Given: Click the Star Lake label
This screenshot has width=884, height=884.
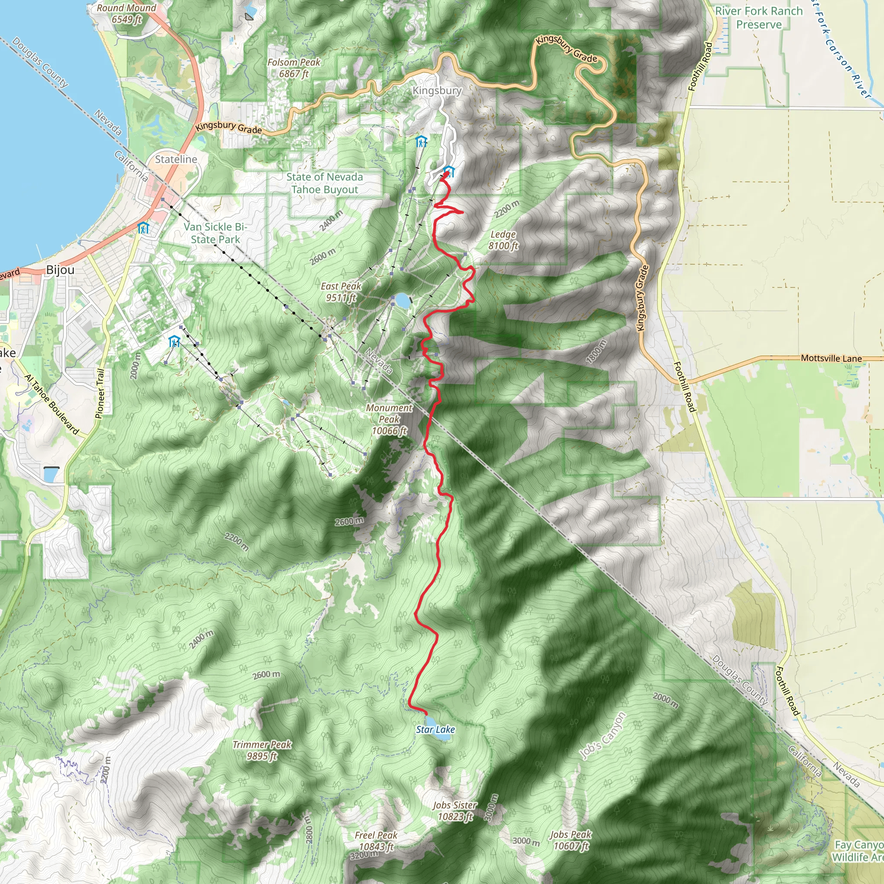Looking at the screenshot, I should pyautogui.click(x=435, y=729).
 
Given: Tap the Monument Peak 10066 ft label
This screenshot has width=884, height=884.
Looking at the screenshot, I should pyautogui.click(x=389, y=419).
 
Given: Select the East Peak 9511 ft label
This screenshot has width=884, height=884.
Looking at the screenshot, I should pyautogui.click(x=341, y=292).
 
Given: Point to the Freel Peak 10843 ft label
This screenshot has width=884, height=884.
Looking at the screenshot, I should pyautogui.click(x=376, y=841).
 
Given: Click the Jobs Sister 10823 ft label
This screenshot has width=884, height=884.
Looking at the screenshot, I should pyautogui.click(x=455, y=811).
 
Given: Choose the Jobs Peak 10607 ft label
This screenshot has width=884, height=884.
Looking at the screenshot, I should pyautogui.click(x=571, y=840).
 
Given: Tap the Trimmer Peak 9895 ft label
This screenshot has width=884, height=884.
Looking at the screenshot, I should pyautogui.click(x=262, y=750).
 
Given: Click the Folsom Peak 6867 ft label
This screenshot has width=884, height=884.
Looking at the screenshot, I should pyautogui.click(x=294, y=68).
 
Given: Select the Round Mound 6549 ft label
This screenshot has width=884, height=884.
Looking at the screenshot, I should pyautogui.click(x=126, y=13).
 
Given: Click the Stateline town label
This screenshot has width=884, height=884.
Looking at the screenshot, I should pyautogui.click(x=176, y=159).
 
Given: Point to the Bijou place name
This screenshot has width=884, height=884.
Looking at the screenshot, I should pyautogui.click(x=60, y=270).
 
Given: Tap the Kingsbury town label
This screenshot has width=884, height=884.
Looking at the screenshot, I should pyautogui.click(x=437, y=91).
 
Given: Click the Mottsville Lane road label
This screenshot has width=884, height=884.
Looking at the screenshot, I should pyautogui.click(x=831, y=358).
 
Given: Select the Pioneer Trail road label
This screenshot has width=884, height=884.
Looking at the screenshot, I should pyautogui.click(x=100, y=394).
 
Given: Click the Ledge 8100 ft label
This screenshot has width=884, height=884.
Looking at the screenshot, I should pyautogui.click(x=503, y=240).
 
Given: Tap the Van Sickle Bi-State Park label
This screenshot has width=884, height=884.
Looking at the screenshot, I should pyautogui.click(x=215, y=233).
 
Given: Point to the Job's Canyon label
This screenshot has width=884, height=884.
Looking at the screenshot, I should pyautogui.click(x=602, y=736).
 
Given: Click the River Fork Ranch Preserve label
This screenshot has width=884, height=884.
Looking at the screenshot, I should pyautogui.click(x=759, y=17).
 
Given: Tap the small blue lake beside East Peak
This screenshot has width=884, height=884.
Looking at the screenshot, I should pyautogui.click(x=402, y=300).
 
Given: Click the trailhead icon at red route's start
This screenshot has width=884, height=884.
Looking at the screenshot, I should pyautogui.click(x=449, y=172).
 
